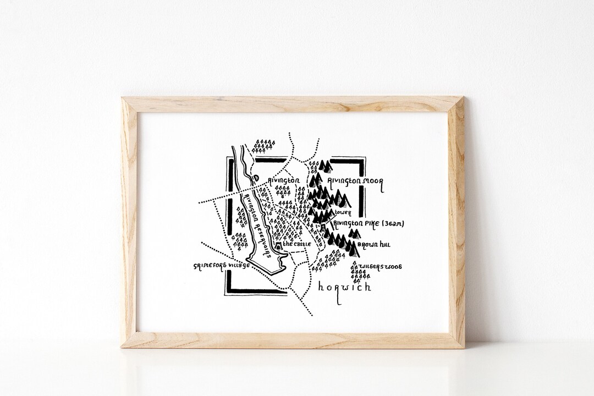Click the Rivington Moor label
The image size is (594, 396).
(x=354, y=180)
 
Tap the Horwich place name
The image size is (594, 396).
(x=344, y=288)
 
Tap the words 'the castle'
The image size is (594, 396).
(x=297, y=244)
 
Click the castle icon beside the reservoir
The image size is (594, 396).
(x=279, y=246)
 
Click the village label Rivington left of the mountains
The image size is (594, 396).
(x=283, y=180)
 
